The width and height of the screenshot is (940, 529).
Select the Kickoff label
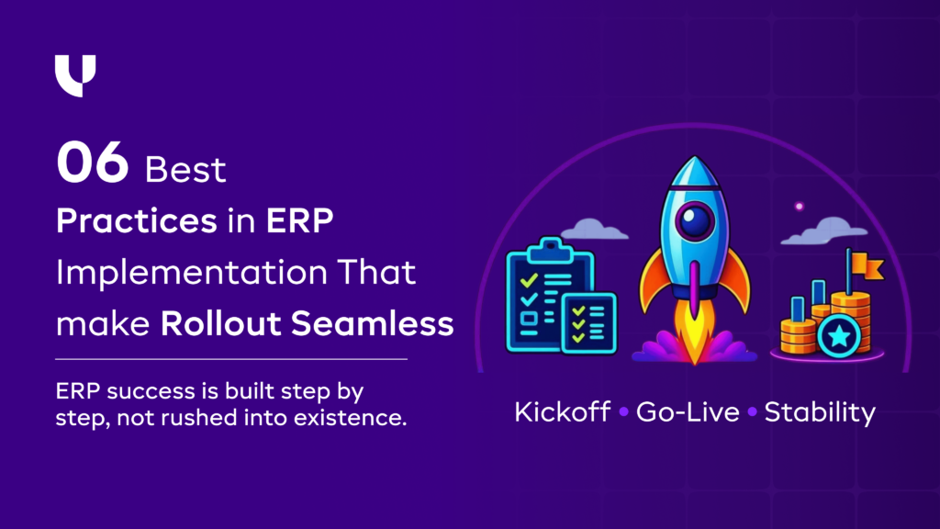562,411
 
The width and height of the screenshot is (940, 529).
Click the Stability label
820,411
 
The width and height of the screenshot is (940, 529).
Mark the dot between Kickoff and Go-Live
623,412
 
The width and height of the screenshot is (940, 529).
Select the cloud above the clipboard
587,226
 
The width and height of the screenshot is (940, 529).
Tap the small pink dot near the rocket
799,206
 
